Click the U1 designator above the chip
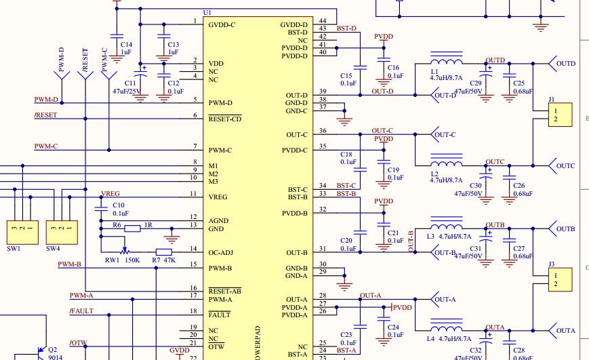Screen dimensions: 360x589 coord(207,13)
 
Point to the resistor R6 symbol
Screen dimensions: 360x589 coord(133,228)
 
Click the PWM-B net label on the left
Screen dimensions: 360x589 coord(69,264)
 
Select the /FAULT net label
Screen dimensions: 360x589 coord(81,311)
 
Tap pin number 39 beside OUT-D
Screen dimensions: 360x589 coord(323,92)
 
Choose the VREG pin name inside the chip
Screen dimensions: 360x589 coord(218,197)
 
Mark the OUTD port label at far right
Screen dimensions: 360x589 coord(566,64)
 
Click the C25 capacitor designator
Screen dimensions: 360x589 coord(519,83)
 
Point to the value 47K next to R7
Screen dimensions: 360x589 coord(169,260)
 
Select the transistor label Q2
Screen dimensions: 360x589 coord(52,351)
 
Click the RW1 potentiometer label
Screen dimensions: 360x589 coord(112,260)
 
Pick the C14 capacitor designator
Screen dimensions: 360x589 coord(126,44)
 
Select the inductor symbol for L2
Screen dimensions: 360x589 coord(447,164)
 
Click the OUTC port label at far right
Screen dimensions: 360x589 coord(566,166)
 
